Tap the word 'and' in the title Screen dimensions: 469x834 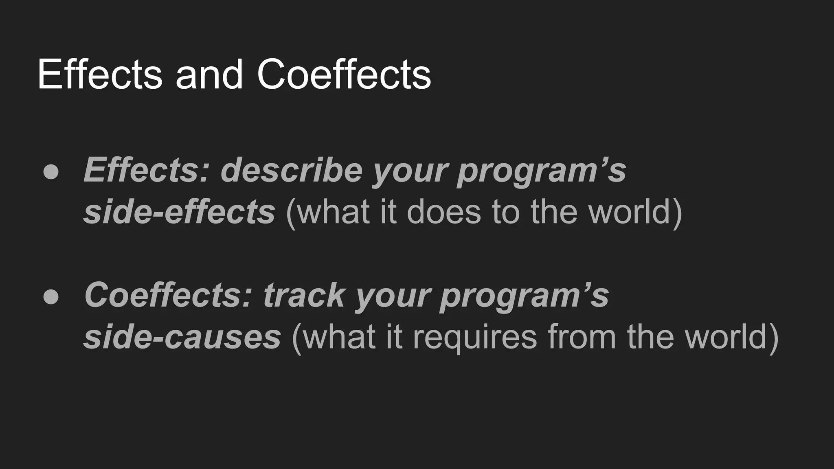click(209, 75)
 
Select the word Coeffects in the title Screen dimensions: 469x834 click(344, 75)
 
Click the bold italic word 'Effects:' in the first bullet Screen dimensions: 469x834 click(146, 170)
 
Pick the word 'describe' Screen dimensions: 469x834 click(291, 170)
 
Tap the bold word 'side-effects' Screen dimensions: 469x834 click(179, 212)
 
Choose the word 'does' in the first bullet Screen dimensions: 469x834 click(444, 212)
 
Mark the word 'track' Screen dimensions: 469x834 click(304, 295)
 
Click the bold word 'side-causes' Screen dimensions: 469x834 click(182, 337)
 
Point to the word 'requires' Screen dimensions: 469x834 click(475, 337)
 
